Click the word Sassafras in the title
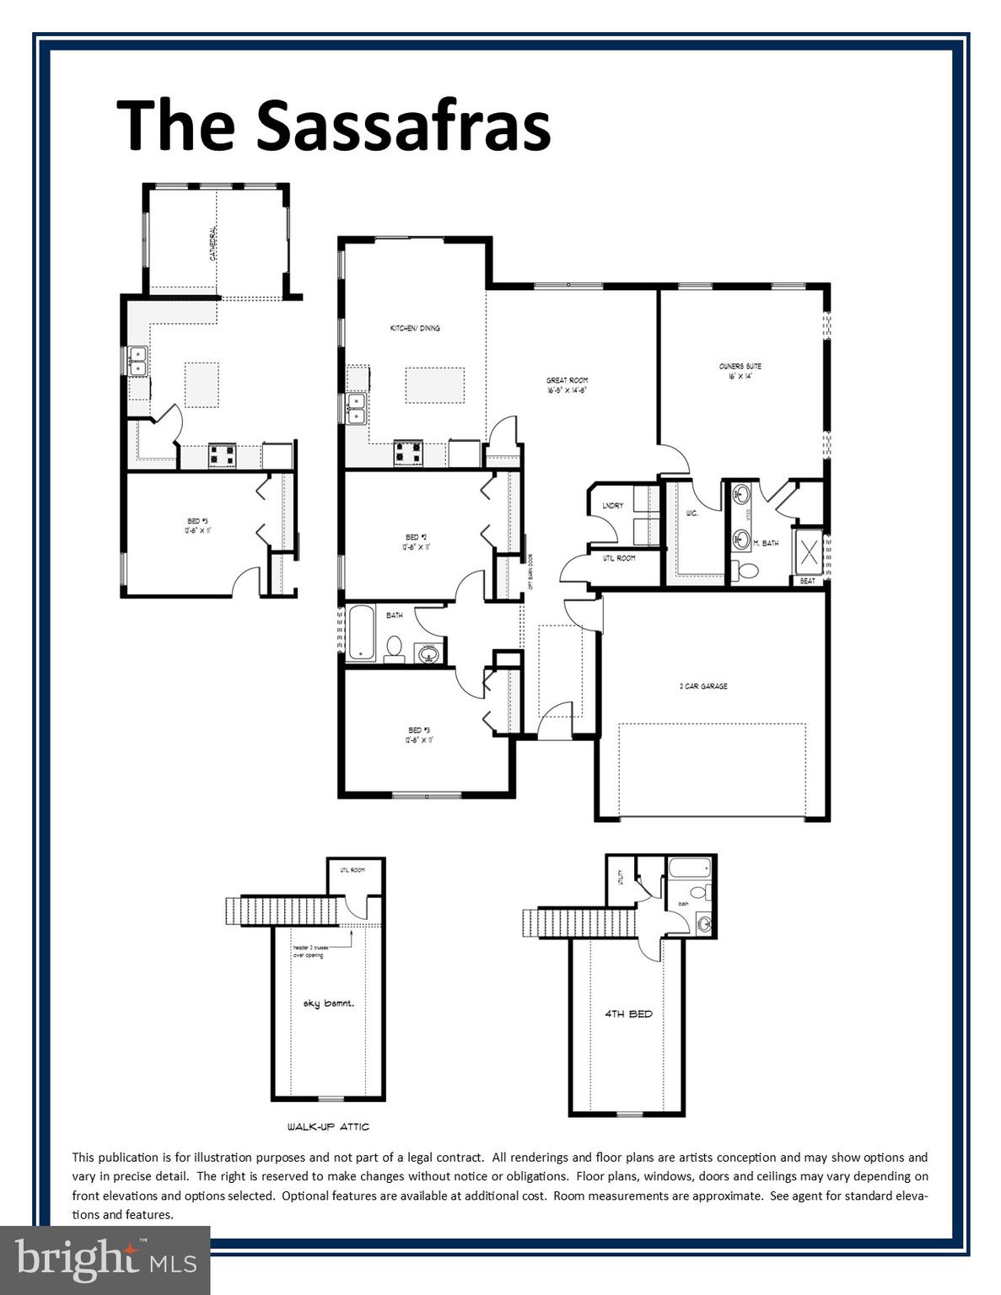403,125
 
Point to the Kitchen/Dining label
414,328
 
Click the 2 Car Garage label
703,686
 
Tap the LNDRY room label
613,506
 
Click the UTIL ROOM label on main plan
619,558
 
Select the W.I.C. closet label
692,513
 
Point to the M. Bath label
766,544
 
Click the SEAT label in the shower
807,581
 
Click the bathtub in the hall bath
362,632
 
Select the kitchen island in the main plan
434,385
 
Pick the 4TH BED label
628,1014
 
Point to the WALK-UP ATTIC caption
327,1126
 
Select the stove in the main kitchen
408,454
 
